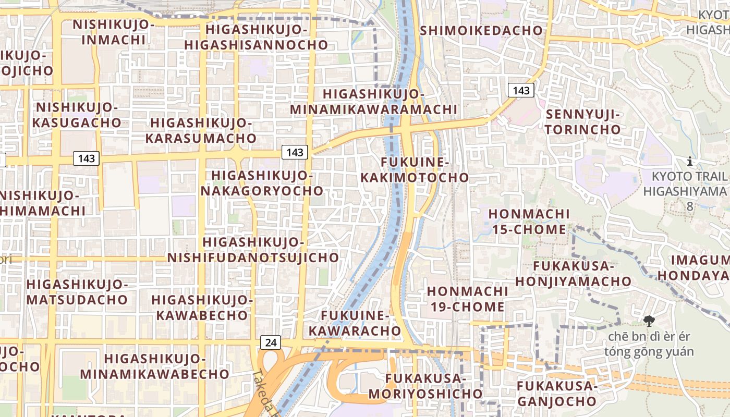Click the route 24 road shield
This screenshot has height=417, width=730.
tap(271, 342)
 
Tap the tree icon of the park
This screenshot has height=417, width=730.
tap(649, 321)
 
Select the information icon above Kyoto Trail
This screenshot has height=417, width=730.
tap(690, 161)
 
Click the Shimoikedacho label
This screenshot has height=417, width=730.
tap(481, 30)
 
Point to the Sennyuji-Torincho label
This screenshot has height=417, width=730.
tap(583, 122)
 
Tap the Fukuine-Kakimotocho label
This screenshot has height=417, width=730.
tap(415, 170)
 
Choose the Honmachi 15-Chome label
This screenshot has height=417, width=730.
tap(529, 222)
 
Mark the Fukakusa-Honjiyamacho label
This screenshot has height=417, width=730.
tap(573, 274)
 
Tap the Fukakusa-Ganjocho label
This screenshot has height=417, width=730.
tap(556, 394)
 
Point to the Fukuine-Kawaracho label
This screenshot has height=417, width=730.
tap(355, 323)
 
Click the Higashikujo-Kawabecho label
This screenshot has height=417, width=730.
tap(201, 308)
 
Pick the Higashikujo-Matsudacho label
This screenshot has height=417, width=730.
tap(77, 292)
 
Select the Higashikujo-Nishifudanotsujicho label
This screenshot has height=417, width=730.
tap(253, 250)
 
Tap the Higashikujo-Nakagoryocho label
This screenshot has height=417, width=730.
tap(262, 183)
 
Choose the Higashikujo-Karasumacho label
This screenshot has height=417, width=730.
tap(201, 130)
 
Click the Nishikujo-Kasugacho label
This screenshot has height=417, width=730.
tap(77, 115)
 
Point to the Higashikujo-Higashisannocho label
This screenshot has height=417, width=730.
tap(256, 36)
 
